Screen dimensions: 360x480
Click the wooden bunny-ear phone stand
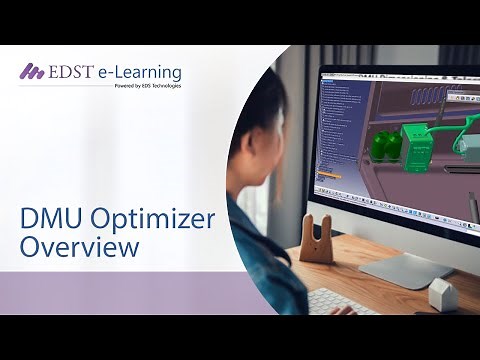tap(316, 238)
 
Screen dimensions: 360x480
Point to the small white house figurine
tap(443, 294)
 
